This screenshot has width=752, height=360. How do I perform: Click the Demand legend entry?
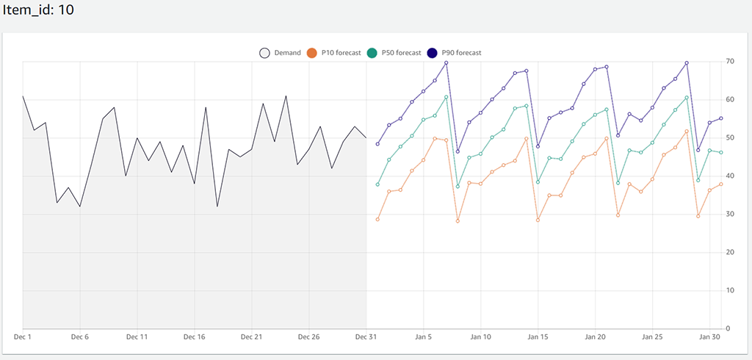click(x=280, y=53)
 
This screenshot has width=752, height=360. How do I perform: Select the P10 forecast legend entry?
click(x=334, y=53)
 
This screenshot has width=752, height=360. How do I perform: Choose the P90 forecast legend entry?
click(x=455, y=53)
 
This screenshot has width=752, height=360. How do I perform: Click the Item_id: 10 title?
click(x=37, y=11)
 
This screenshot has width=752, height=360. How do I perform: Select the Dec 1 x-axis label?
click(x=23, y=337)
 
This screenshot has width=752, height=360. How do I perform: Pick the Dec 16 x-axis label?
click(x=195, y=337)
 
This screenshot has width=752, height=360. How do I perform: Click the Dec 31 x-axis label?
click(x=366, y=337)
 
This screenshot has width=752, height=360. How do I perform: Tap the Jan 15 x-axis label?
click(x=538, y=337)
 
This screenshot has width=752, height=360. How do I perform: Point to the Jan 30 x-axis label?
click(x=709, y=337)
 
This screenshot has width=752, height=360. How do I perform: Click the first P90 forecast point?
click(x=377, y=144)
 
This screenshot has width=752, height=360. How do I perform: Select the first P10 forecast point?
click(x=377, y=219)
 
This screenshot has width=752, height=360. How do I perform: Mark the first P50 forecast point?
click(x=377, y=184)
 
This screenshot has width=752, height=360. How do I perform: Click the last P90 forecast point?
click(x=721, y=118)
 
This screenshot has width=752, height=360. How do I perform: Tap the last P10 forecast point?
click(x=721, y=184)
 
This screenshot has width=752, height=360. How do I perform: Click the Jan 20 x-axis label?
click(x=596, y=337)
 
